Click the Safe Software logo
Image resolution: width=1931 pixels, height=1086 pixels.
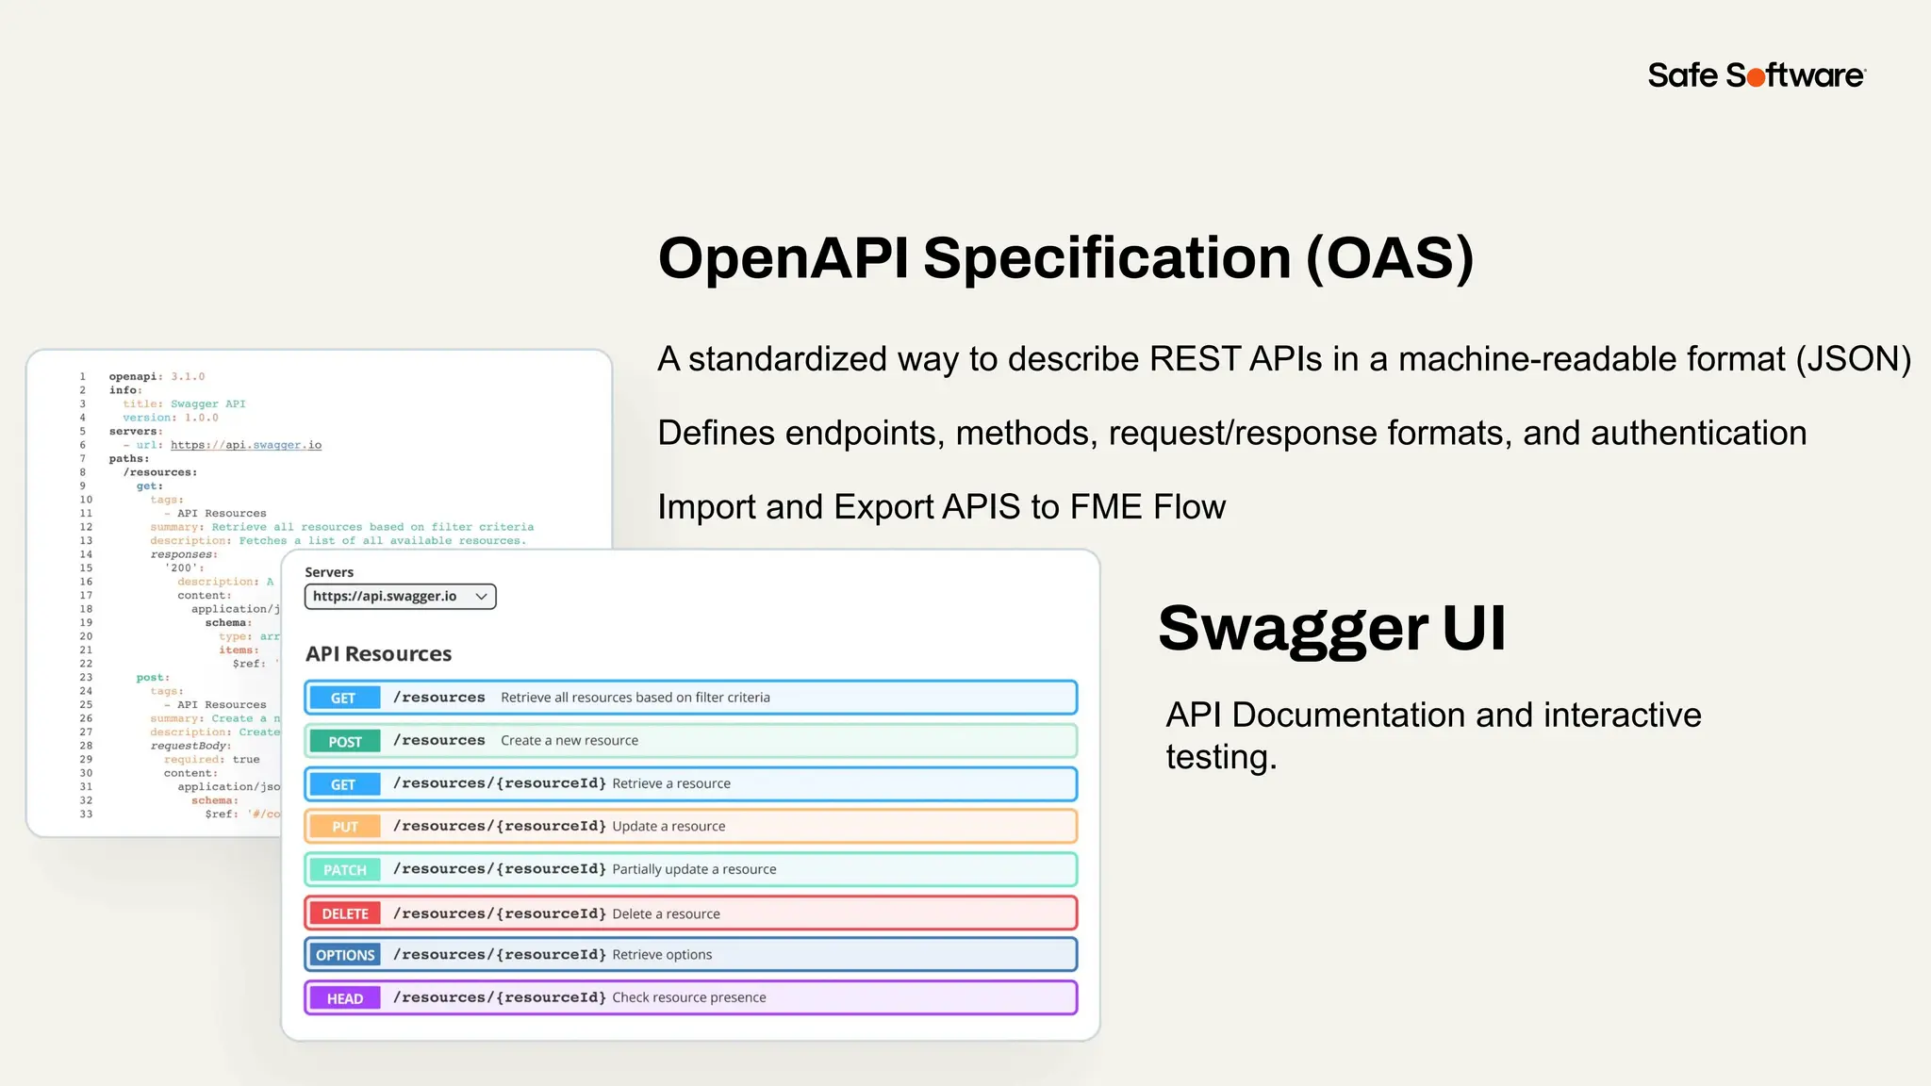1756,75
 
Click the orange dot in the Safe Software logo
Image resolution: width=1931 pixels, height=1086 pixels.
1756,77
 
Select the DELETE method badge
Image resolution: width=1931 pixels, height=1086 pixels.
344,913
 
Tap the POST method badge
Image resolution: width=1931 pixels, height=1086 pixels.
344,741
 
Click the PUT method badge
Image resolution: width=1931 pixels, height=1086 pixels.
344,827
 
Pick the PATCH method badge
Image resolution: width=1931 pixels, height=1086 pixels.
344,869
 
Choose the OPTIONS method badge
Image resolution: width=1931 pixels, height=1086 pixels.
344,955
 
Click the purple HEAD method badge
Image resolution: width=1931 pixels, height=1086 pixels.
344,998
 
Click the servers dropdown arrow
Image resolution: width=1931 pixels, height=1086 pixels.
481,597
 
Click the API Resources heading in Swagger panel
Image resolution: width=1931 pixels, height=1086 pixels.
378,653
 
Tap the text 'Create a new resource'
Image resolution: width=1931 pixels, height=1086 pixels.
569,741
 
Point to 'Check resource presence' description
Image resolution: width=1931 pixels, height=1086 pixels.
688,997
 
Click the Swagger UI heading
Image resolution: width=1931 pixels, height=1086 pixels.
1330,629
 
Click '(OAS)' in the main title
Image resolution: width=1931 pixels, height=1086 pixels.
1389,258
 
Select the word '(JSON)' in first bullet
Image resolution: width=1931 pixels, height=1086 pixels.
1853,359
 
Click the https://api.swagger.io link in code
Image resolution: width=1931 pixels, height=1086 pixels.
245,445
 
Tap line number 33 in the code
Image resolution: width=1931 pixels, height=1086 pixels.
86,814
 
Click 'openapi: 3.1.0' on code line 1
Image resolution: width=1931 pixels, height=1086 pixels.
157,376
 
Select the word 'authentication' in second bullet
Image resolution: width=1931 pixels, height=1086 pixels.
1698,433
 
